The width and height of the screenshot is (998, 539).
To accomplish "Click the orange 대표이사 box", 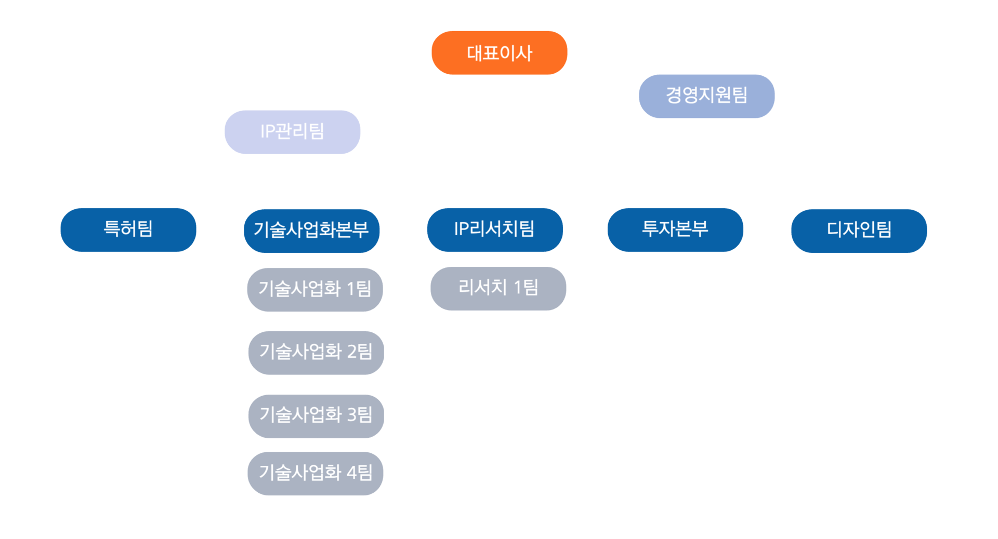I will (x=499, y=52).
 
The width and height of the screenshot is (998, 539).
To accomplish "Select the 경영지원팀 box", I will (x=706, y=96).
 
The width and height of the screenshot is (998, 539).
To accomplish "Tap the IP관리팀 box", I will (x=292, y=131).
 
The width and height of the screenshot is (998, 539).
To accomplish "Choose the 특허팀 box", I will (x=128, y=230).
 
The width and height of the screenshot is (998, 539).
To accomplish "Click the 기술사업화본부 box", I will (x=311, y=230).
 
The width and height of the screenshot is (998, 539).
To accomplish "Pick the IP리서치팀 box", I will (x=495, y=230).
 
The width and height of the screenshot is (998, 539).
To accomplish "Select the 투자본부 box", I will (x=675, y=230).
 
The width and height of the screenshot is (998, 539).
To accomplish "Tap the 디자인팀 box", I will (x=859, y=230).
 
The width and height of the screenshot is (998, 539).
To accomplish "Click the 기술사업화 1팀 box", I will (x=315, y=289).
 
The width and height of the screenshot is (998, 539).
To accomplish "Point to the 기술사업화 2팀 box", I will (x=316, y=352).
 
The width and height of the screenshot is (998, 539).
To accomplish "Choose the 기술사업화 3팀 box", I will (x=316, y=415).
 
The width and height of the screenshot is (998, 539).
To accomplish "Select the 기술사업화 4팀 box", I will (x=316, y=473).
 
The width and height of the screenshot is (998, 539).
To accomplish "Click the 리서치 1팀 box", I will (x=498, y=288).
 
